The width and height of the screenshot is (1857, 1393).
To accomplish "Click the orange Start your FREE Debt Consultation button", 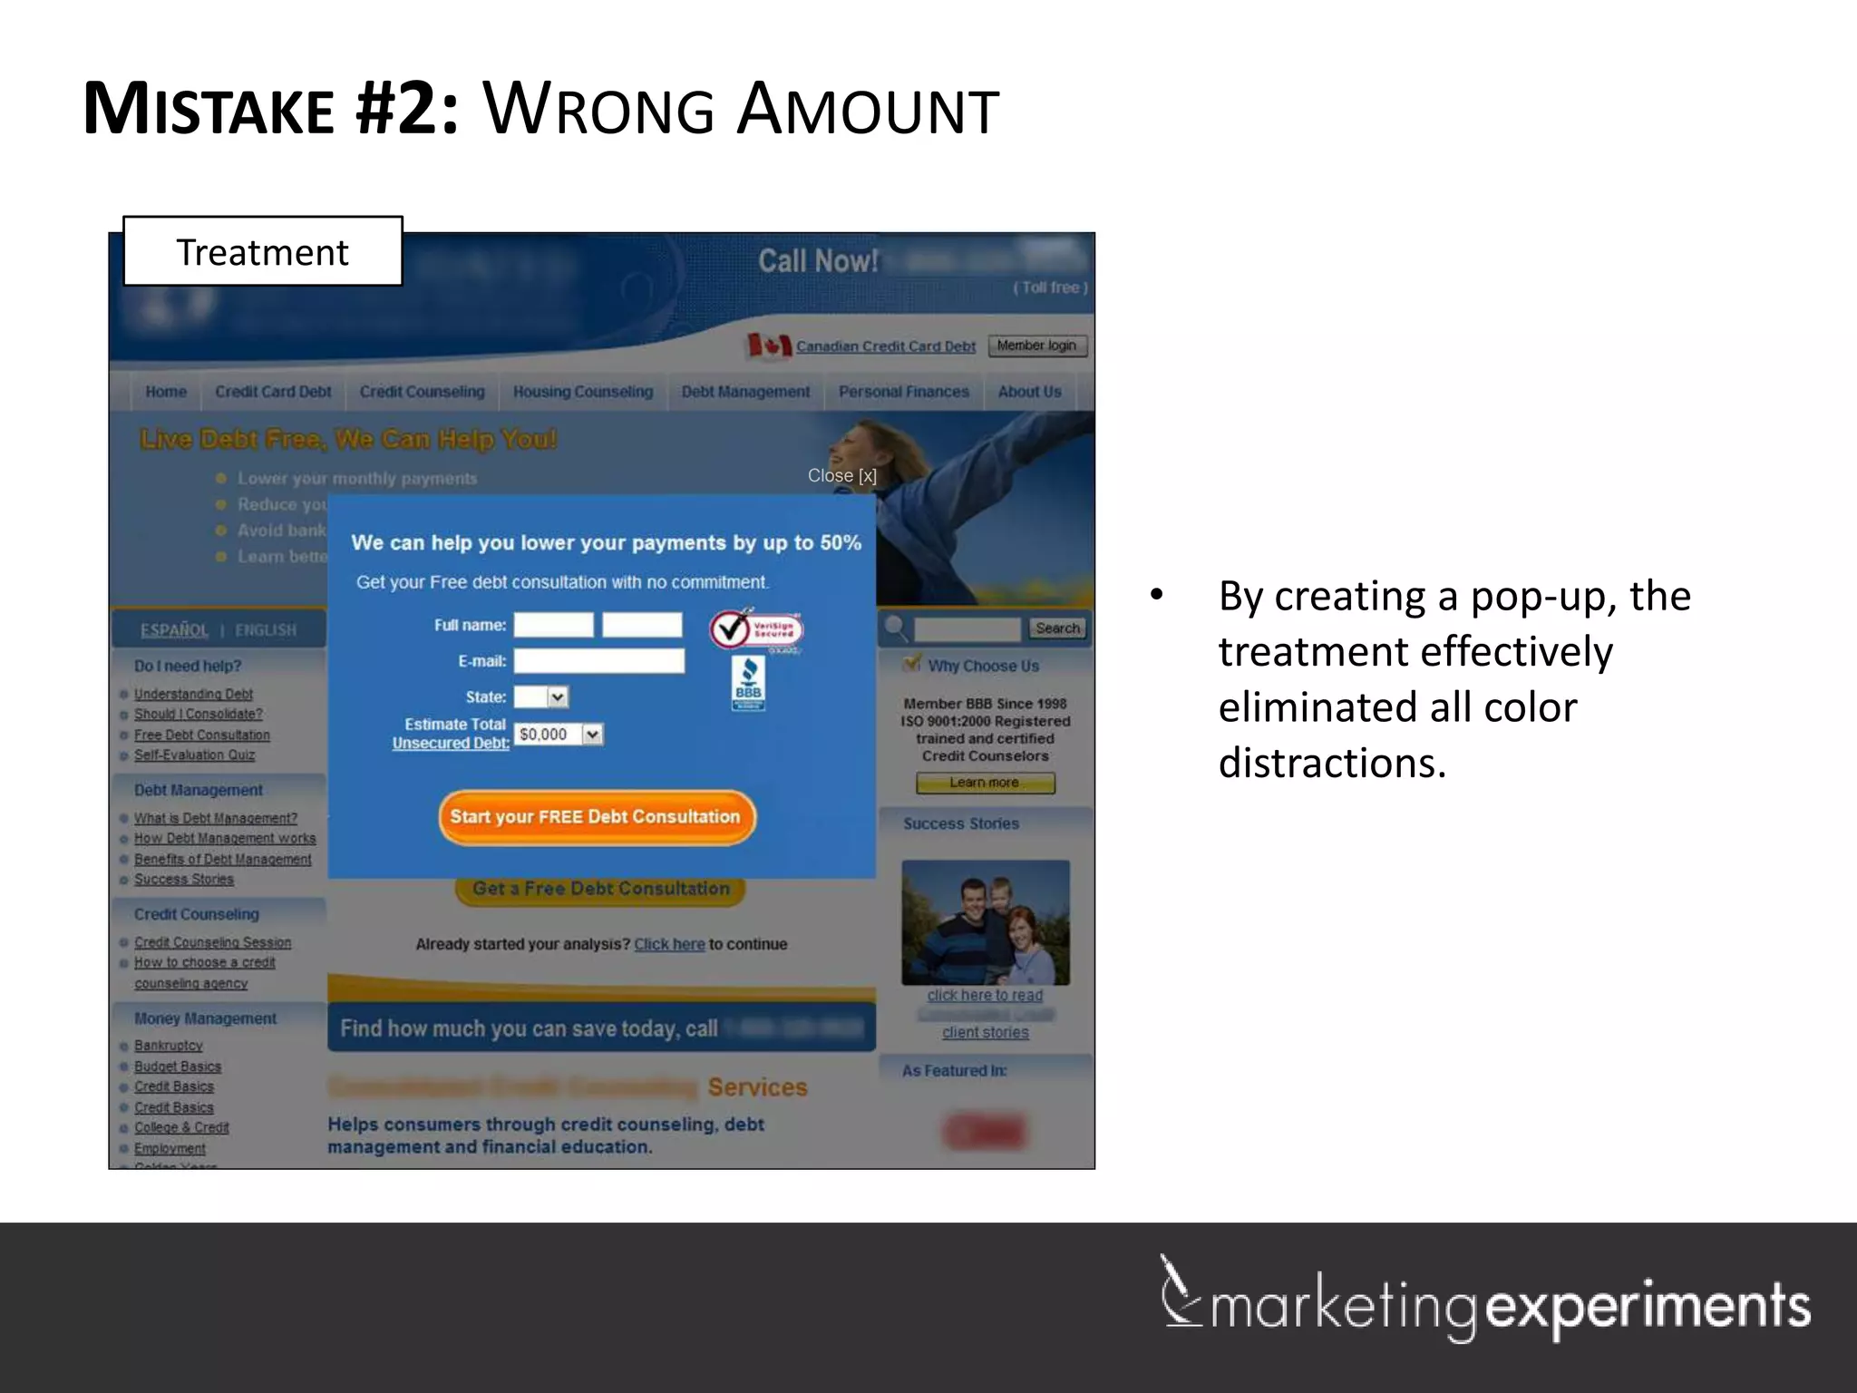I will click(x=596, y=817).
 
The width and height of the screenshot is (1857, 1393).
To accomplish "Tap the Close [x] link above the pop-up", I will click(x=841, y=476).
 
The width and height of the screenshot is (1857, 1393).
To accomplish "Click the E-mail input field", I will click(x=598, y=661).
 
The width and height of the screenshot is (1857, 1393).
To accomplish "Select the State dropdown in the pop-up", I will click(x=541, y=696).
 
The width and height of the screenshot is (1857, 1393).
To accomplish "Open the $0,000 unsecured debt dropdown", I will click(x=559, y=735).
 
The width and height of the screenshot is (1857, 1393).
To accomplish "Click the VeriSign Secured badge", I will click(x=755, y=629).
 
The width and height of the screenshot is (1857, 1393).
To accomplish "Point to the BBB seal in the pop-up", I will click(x=748, y=683).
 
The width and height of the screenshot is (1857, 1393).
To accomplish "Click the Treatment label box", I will click(x=262, y=251).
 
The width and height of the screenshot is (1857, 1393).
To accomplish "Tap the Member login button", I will click(x=1036, y=346).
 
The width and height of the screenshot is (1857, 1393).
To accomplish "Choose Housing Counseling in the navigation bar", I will click(x=583, y=392).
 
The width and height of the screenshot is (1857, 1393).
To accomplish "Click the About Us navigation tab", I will click(x=1029, y=392).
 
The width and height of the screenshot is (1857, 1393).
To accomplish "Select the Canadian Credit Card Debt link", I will click(x=885, y=346).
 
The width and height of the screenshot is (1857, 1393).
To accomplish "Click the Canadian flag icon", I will click(x=768, y=346).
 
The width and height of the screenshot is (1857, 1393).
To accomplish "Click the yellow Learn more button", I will click(x=985, y=783).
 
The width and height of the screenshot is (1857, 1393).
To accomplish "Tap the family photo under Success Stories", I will click(x=986, y=922).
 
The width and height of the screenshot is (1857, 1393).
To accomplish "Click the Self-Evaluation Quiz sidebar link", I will click(x=194, y=755).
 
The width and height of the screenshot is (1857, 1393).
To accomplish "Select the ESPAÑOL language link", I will click(x=174, y=630).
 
